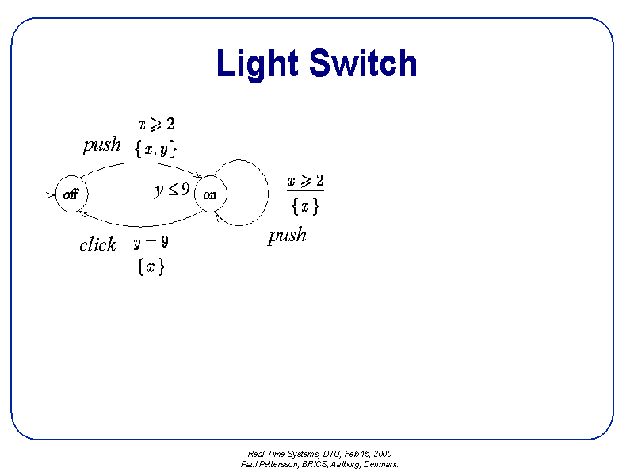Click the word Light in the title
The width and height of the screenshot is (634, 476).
(257, 63)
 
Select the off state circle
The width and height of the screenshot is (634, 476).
(71, 194)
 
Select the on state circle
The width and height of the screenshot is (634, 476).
(210, 194)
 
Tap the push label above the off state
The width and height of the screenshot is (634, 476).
(101, 144)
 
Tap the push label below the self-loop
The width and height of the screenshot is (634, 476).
(287, 236)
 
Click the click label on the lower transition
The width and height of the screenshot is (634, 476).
(97, 245)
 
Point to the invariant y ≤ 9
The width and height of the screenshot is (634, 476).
(172, 190)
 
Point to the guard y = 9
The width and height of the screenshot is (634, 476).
(151, 243)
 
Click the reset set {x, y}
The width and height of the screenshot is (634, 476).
(155, 148)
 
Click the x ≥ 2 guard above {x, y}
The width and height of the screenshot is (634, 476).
(155, 124)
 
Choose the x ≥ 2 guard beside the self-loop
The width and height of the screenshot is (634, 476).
(305, 181)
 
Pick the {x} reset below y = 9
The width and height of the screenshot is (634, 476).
(151, 267)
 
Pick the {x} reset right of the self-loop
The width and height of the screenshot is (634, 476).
(305, 205)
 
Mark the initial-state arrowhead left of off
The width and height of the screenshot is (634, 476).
(50, 194)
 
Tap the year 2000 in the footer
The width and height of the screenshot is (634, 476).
(383, 454)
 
